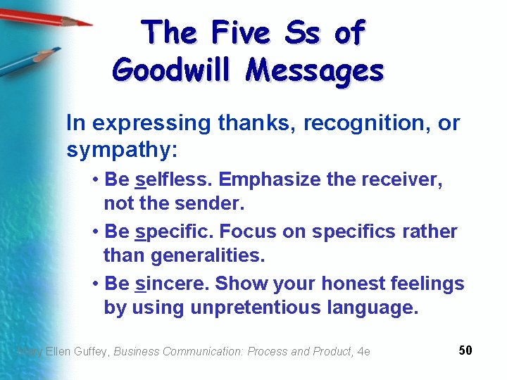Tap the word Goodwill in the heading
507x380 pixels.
pos(173,71)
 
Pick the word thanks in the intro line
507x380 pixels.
pos(256,123)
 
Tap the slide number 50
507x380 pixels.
pos(465,350)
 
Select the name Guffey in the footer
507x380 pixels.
pos(91,351)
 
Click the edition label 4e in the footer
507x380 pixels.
pos(363,351)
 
